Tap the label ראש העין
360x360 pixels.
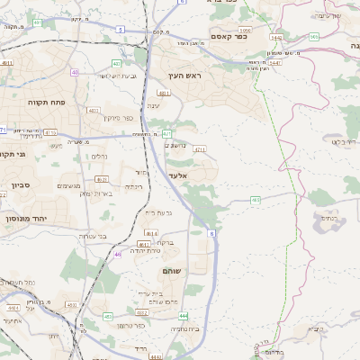coord(184,76)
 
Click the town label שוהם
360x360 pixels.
coord(173,271)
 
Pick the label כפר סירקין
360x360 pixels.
coord(118,118)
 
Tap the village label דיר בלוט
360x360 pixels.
coord(345,141)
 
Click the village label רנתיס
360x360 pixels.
coord(329,217)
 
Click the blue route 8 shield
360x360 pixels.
coord(212,233)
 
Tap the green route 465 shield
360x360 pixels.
coord(256,200)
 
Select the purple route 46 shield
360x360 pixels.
coord(117,255)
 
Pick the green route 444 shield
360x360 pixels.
coord(183,317)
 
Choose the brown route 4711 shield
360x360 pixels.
coord(199,149)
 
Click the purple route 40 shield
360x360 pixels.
coord(75,71)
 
